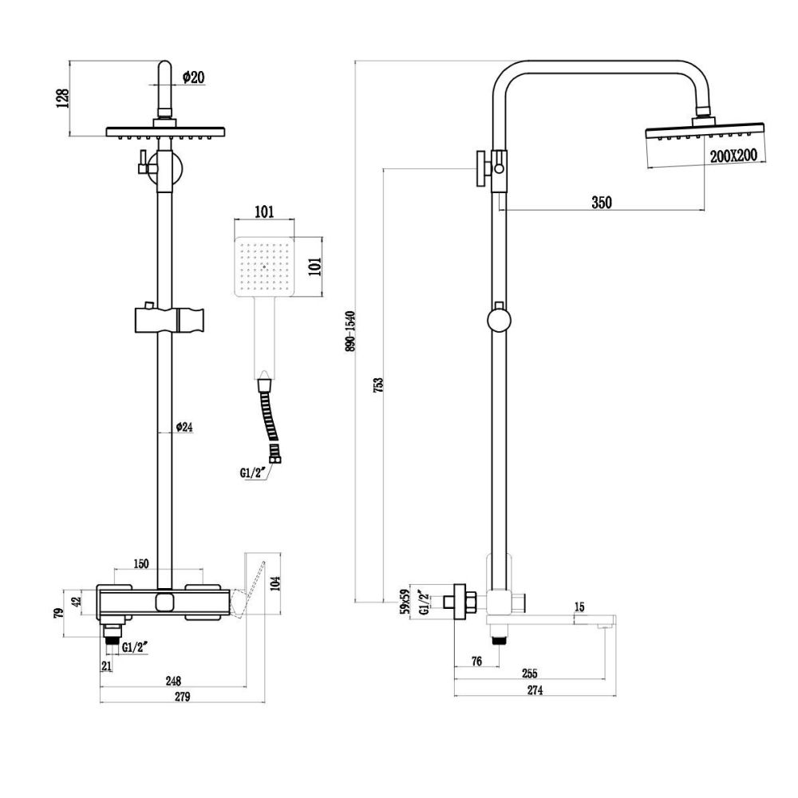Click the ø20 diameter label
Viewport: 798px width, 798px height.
[194, 77]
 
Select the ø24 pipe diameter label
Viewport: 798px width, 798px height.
[184, 428]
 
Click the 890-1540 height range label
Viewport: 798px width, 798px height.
[348, 331]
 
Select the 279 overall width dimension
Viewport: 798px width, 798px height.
[182, 697]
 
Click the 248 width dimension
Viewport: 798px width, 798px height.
[173, 681]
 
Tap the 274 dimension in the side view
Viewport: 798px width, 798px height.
[534, 691]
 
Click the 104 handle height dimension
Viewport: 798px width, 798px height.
[276, 583]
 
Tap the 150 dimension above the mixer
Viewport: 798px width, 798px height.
[140, 564]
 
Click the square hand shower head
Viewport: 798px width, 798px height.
[264, 268]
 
